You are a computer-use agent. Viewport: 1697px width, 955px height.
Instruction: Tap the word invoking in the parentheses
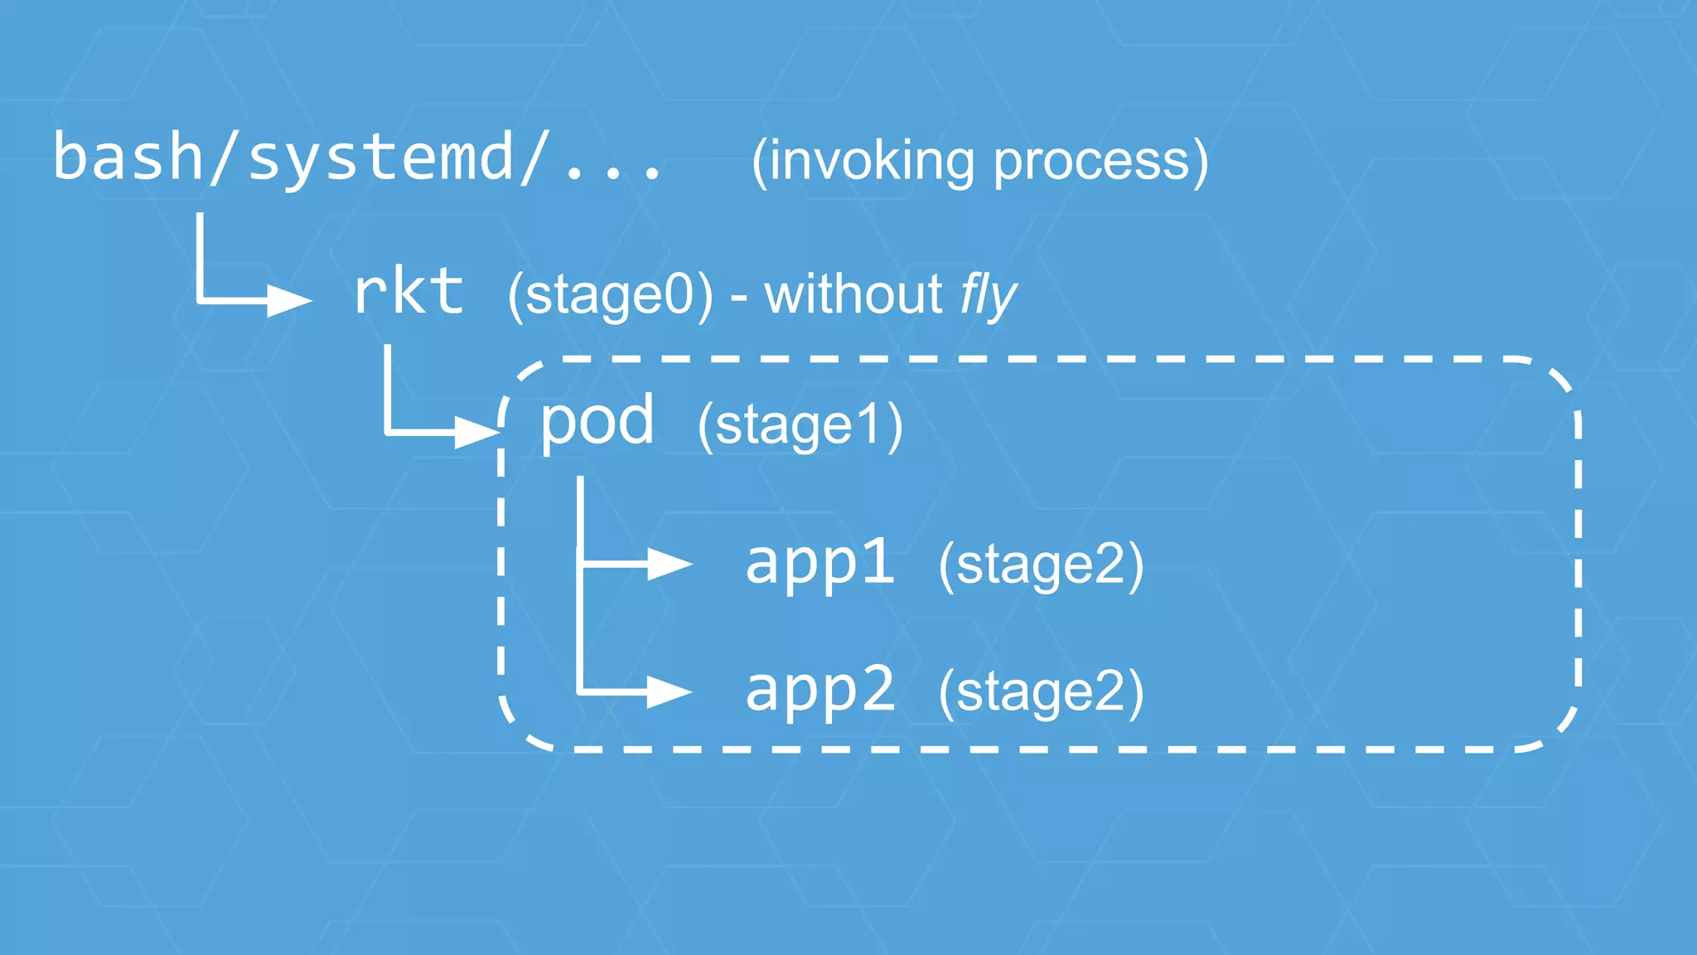click(871, 161)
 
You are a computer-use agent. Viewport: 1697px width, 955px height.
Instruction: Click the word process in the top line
click(1091, 162)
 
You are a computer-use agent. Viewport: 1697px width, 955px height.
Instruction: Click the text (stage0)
click(610, 295)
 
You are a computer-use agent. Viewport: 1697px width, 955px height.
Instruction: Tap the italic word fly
click(988, 295)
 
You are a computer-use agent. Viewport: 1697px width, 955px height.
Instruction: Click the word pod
click(597, 421)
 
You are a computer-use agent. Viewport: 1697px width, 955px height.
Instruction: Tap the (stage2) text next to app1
click(1041, 565)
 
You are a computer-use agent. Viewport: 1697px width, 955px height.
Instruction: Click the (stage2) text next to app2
click(1041, 692)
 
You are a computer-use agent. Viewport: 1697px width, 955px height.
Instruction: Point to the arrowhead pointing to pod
click(476, 432)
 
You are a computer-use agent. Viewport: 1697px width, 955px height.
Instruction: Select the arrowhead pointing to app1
click(670, 564)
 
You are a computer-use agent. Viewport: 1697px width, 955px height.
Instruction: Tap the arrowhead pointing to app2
click(670, 691)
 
